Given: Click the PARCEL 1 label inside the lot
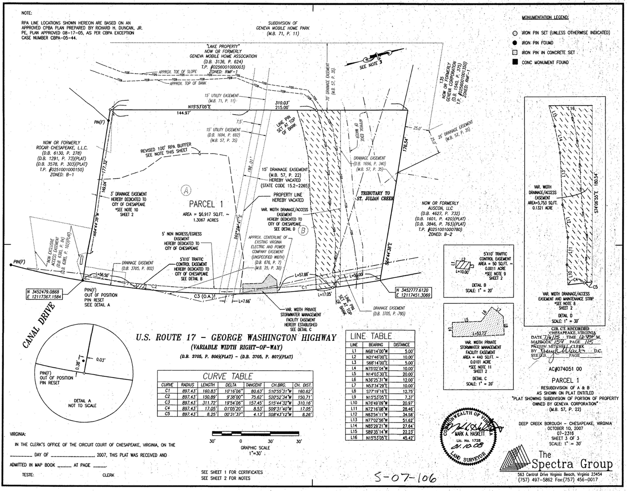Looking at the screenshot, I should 206,204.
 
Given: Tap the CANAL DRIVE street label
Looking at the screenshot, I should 38,325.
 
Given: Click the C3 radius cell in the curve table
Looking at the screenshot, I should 188,403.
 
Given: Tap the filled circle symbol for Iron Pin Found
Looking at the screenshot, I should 515,43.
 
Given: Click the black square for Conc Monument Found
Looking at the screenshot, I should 515,62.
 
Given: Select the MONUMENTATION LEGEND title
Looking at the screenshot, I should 545,18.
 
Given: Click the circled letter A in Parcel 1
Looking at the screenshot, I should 186,189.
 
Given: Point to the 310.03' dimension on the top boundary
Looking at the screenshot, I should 282,103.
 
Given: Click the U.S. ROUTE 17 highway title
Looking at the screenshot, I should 236,338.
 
